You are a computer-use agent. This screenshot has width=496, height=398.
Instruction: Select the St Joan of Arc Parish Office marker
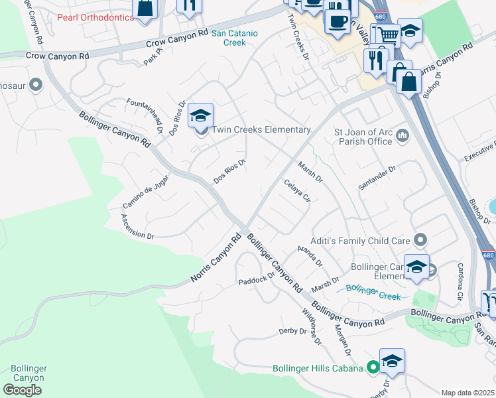[403, 137]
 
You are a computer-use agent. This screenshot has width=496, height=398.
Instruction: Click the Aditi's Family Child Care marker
[420, 239]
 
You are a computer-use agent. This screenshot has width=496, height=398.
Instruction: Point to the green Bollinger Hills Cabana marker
[373, 366]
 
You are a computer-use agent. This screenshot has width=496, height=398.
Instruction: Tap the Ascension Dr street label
[137, 226]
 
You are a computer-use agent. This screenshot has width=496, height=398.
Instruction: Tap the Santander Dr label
[377, 178]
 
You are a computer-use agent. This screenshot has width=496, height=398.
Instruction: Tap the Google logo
[22, 389]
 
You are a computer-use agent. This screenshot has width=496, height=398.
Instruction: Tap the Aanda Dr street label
[310, 255]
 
